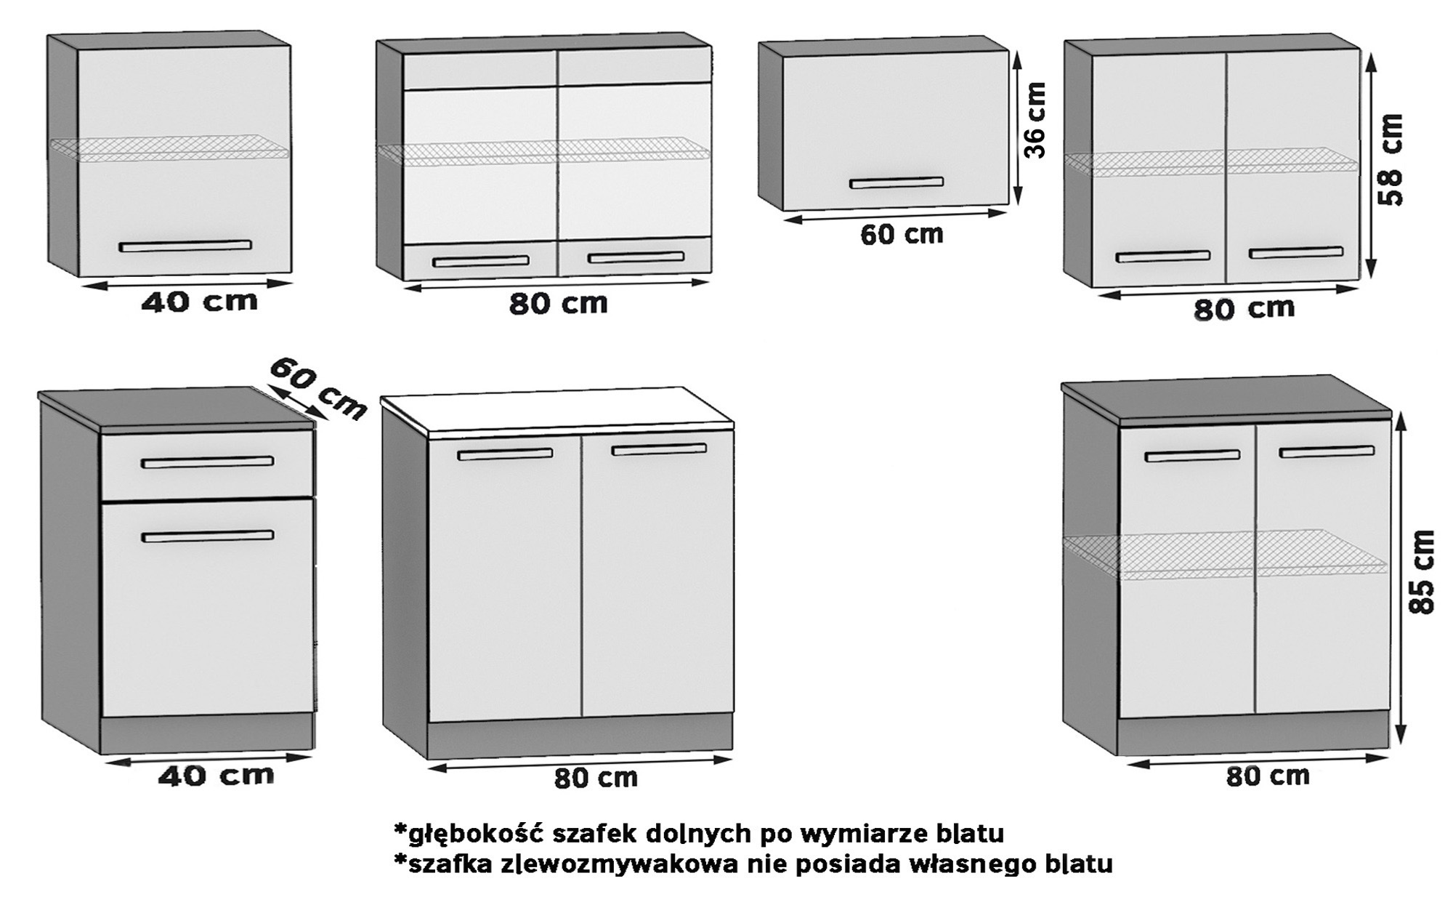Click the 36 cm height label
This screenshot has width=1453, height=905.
click(1035, 121)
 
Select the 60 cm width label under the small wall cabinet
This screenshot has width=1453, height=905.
click(901, 235)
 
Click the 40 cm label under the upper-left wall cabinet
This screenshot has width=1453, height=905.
click(199, 302)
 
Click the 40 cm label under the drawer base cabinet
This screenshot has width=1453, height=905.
click(216, 776)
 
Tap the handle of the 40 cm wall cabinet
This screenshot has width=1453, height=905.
click(185, 246)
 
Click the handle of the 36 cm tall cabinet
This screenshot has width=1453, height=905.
click(897, 182)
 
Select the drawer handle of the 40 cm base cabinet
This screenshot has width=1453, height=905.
click(207, 462)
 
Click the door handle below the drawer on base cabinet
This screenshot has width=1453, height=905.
click(207, 537)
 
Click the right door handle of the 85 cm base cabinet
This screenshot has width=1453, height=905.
click(1327, 452)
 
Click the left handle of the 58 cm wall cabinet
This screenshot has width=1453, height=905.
click(1162, 257)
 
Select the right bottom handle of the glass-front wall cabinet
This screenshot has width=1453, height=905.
click(636, 257)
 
